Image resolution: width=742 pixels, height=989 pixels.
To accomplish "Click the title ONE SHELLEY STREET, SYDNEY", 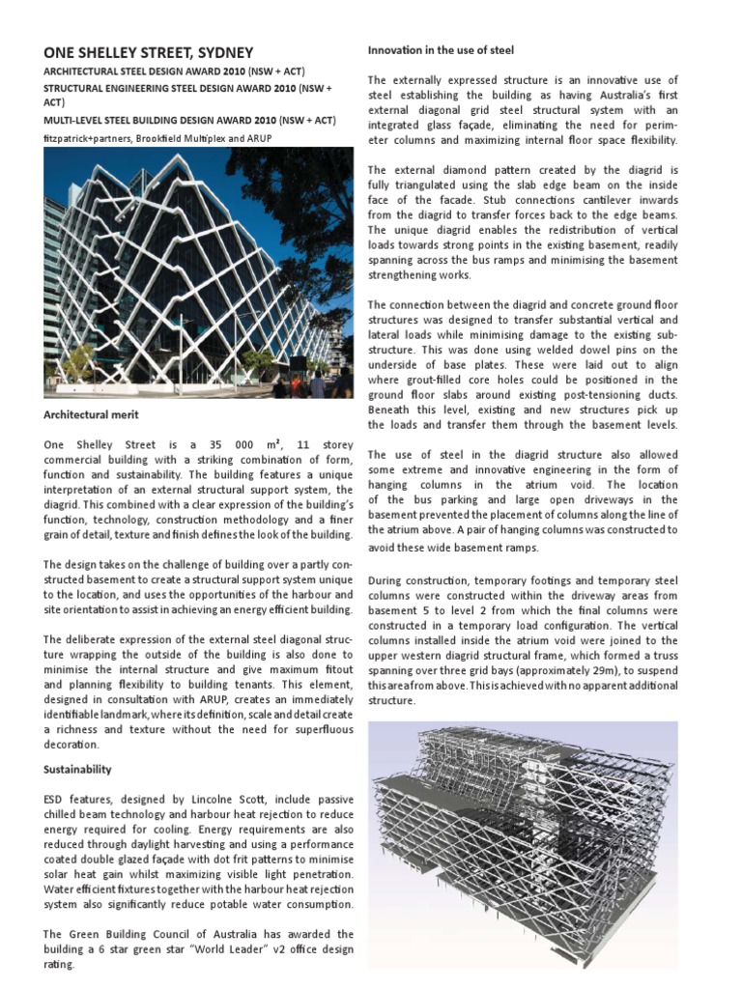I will coord(148,52).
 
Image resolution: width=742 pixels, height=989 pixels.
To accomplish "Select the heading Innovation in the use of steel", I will coord(441,49).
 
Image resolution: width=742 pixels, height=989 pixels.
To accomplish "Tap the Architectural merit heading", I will coord(91,414).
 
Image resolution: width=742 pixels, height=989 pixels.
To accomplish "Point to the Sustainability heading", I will coord(77,769).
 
